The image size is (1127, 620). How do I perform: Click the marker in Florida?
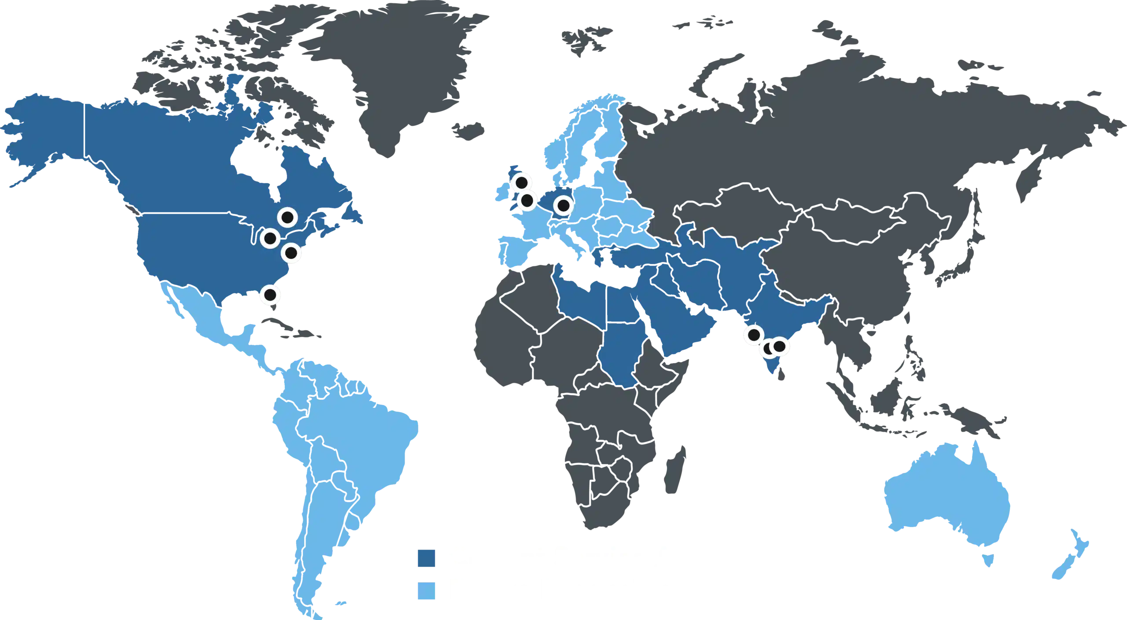[x=270, y=294]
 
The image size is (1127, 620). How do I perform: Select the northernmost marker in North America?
[x=287, y=218]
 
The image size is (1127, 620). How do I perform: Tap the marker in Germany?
[x=563, y=205]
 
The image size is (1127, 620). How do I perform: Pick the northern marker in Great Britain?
[x=522, y=182]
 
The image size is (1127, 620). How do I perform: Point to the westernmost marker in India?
[x=754, y=335]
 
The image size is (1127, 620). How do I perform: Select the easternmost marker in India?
[x=779, y=346]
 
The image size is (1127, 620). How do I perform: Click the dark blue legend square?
[x=426, y=558]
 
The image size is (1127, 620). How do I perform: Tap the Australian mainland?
[x=947, y=498]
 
